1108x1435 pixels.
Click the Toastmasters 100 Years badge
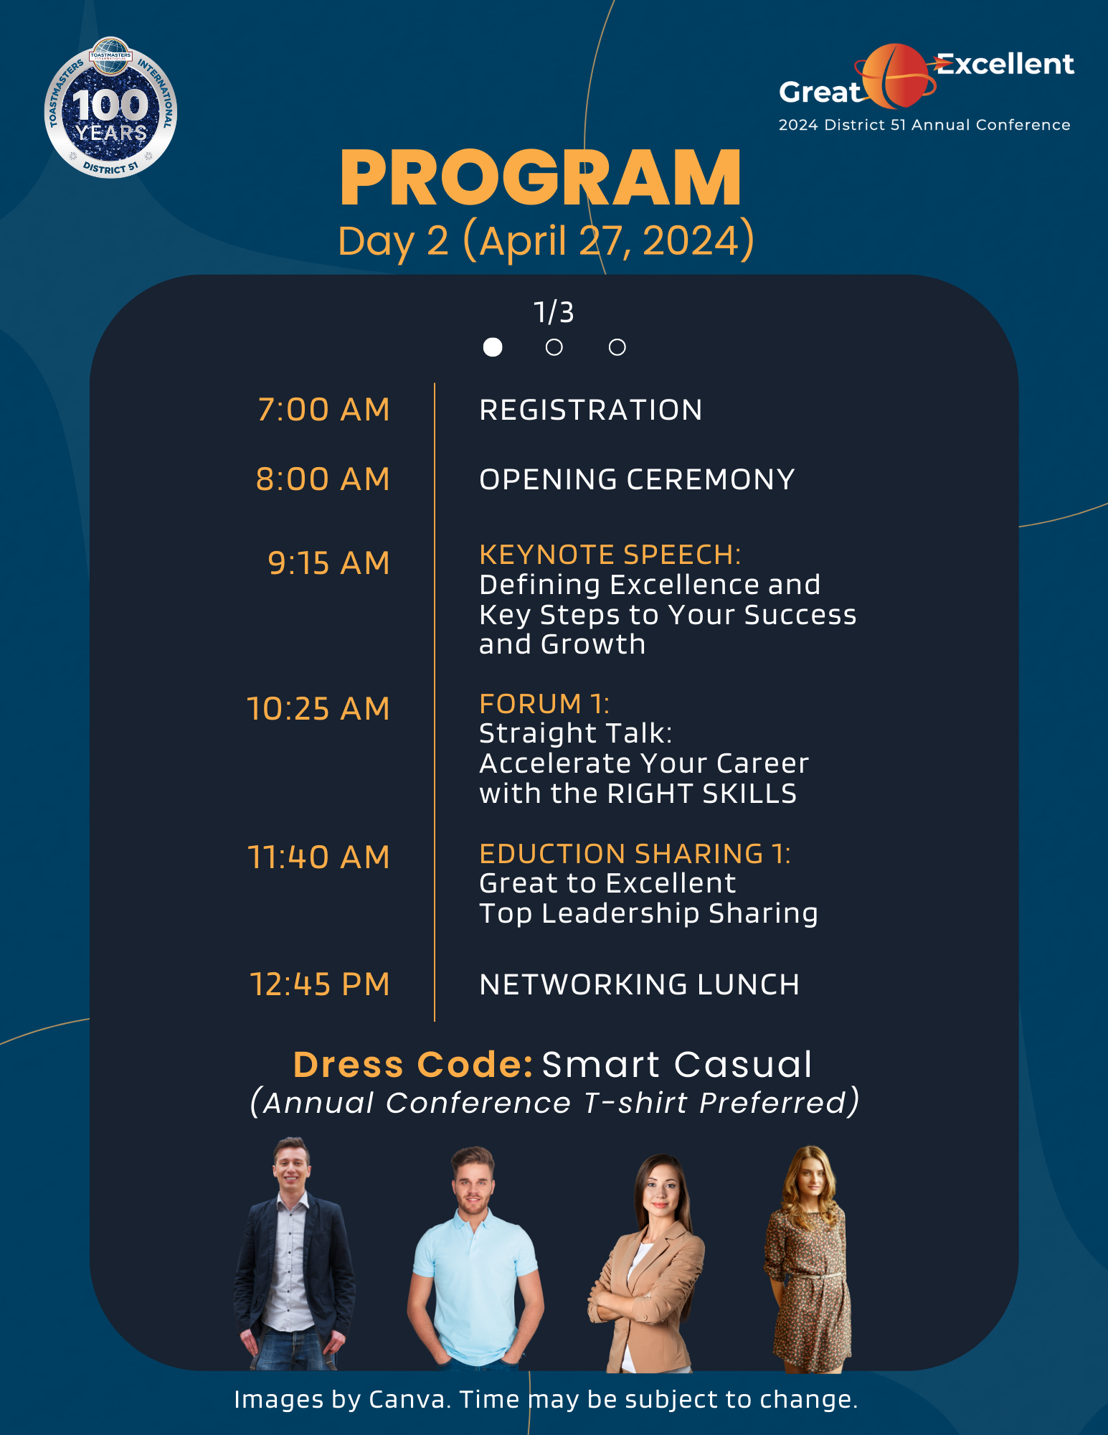tap(110, 108)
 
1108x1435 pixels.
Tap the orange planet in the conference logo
tap(894, 75)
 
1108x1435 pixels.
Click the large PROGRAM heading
tap(541, 179)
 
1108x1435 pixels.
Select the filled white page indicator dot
tap(493, 347)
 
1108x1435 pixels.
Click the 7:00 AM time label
tap(323, 410)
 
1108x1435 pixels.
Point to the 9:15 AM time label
tap(328, 563)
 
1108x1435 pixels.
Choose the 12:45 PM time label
tap(320, 984)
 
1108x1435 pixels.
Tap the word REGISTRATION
tap(590, 410)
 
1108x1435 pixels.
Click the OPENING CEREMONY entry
tap(637, 480)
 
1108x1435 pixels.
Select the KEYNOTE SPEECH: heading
tap(610, 555)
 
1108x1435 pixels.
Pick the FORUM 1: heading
tap(544, 704)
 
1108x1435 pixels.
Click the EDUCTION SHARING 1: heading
tap(635, 854)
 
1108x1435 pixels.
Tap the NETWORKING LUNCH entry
tap(639, 984)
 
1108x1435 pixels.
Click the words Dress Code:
tap(413, 1065)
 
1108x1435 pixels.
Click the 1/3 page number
tap(554, 313)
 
